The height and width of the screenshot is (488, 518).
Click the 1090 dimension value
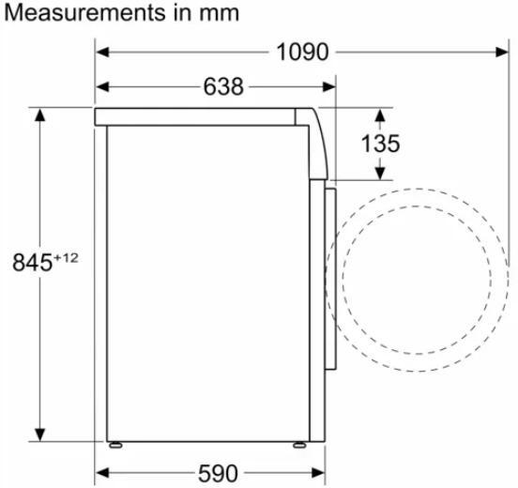pos(302,53)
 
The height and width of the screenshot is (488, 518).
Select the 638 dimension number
pos(223,87)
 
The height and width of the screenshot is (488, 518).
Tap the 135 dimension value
pos(380,144)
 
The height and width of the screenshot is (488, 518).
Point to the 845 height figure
pos(32,262)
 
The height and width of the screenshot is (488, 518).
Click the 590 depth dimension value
pos(218,474)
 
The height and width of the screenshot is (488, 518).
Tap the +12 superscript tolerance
pos(66,257)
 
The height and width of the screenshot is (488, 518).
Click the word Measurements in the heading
pos(85,13)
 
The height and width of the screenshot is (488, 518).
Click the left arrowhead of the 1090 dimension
pos(102,53)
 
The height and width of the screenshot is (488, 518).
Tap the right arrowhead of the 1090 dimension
pos(502,53)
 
